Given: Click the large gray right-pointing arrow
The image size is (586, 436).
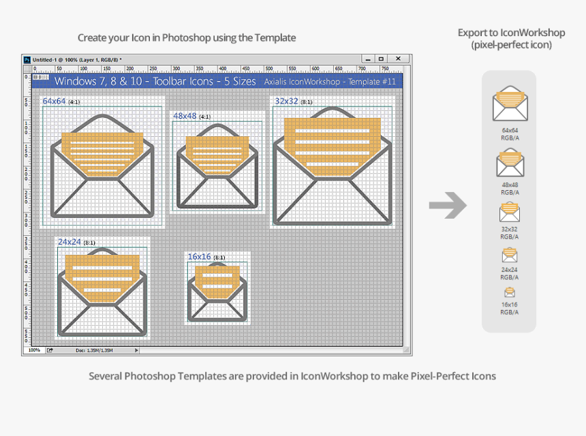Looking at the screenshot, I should click(448, 205).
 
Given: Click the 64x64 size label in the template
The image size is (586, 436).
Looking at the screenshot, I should click(55, 102).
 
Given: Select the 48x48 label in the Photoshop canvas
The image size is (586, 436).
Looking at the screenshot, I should click(185, 116).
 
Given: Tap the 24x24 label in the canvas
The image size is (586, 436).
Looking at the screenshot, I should click(70, 242).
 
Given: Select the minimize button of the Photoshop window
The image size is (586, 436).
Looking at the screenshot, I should click(367, 59).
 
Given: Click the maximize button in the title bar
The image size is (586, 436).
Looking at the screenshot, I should click(382, 59).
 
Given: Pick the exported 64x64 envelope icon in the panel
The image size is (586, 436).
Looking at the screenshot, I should click(509, 104).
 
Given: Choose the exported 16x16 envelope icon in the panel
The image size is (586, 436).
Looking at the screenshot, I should click(509, 292).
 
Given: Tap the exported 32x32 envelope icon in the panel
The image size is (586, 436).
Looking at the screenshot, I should click(509, 212).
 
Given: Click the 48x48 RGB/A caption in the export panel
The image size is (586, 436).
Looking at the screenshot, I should click(509, 189).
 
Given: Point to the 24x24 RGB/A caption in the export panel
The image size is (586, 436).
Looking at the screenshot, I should click(509, 273).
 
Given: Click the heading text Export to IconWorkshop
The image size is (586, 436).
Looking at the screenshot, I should click(511, 33).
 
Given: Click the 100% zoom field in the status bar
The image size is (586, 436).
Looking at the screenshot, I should click(34, 350).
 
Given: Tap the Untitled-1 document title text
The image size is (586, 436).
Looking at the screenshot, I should click(46, 60).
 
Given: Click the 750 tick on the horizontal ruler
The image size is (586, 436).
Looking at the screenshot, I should click(384, 69).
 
